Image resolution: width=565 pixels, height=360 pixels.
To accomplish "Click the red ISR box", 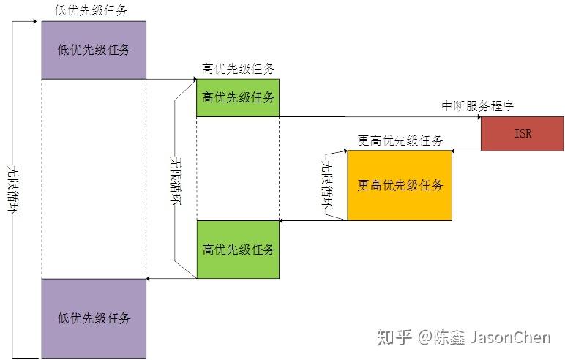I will (522, 133).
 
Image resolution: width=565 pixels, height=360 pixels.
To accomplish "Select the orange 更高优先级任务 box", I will (400, 185).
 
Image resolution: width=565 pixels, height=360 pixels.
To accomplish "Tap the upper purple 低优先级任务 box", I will (94, 50).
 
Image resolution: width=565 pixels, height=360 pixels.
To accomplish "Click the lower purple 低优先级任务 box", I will (94, 318).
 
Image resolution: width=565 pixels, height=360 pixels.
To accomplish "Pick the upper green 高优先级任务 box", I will (238, 97).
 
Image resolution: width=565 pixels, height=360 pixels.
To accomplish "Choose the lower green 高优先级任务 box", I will (238, 250).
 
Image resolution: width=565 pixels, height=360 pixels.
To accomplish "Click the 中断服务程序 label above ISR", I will (477, 106).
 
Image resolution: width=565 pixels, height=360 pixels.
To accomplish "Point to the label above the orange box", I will (400, 140).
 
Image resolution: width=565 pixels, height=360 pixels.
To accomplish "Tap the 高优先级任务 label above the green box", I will (238, 70).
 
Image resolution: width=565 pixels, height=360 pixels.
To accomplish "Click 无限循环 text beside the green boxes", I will (175, 179).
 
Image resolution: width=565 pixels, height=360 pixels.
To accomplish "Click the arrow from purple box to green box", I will (171, 79).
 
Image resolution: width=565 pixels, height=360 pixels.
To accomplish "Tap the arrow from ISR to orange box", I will (466, 151).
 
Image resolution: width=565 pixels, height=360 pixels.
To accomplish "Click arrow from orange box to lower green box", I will (313, 220).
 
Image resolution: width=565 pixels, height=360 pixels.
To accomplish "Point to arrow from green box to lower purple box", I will (171, 278).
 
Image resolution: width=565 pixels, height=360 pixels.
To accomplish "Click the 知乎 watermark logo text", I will (392, 337).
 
